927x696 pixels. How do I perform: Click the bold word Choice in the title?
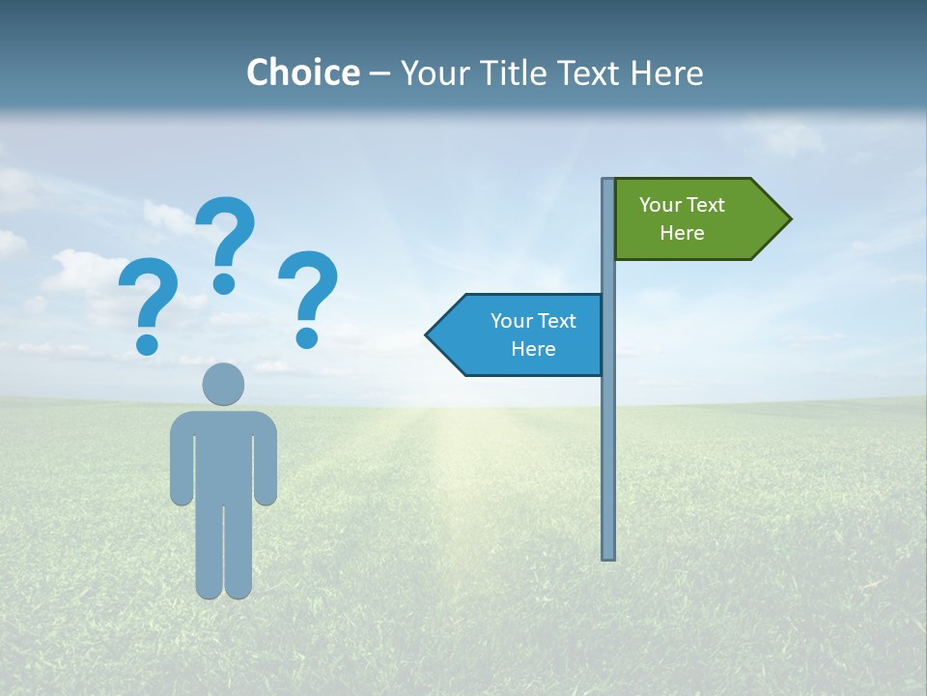click(302, 72)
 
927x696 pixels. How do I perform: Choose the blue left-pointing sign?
click(521, 334)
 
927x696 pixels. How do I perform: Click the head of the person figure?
click(223, 384)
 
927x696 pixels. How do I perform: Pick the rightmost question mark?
click(308, 295)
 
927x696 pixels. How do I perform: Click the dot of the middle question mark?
click(224, 283)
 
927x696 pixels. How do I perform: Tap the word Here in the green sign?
click(682, 233)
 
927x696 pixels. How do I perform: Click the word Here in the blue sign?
click(533, 349)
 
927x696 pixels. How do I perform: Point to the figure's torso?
click(223, 454)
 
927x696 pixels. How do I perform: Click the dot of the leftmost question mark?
click(147, 343)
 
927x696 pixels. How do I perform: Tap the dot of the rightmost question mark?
click(307, 336)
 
